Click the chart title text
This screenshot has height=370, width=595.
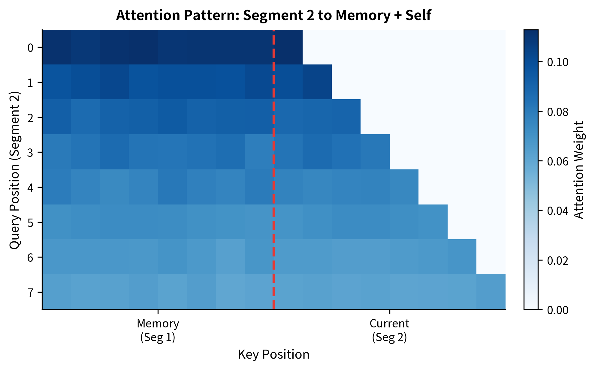pyautogui.click(x=273, y=15)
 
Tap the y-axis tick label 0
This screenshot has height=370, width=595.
pyautogui.click(x=31, y=47)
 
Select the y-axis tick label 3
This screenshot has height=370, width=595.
pyautogui.click(x=31, y=152)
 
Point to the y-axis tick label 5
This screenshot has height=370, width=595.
pyautogui.click(x=31, y=222)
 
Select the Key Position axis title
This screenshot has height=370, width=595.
pyautogui.click(x=273, y=354)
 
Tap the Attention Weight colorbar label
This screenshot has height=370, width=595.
pyautogui.click(x=579, y=170)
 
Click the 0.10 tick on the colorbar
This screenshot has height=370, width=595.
pyautogui.click(x=557, y=62)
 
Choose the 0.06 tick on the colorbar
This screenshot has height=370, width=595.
pyautogui.click(x=557, y=161)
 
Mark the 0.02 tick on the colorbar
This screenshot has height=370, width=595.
pyautogui.click(x=557, y=260)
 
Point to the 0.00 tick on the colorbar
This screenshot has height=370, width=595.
pyautogui.click(x=557, y=310)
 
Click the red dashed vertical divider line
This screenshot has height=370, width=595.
pyautogui.click(x=273, y=180)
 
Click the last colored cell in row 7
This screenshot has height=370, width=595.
pyautogui.click(x=491, y=292)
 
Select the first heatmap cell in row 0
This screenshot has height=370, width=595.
pyautogui.click(x=56, y=47)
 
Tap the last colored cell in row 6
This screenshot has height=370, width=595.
pyautogui.click(x=462, y=257)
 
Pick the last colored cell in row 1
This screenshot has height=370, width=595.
pyautogui.click(x=317, y=82)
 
